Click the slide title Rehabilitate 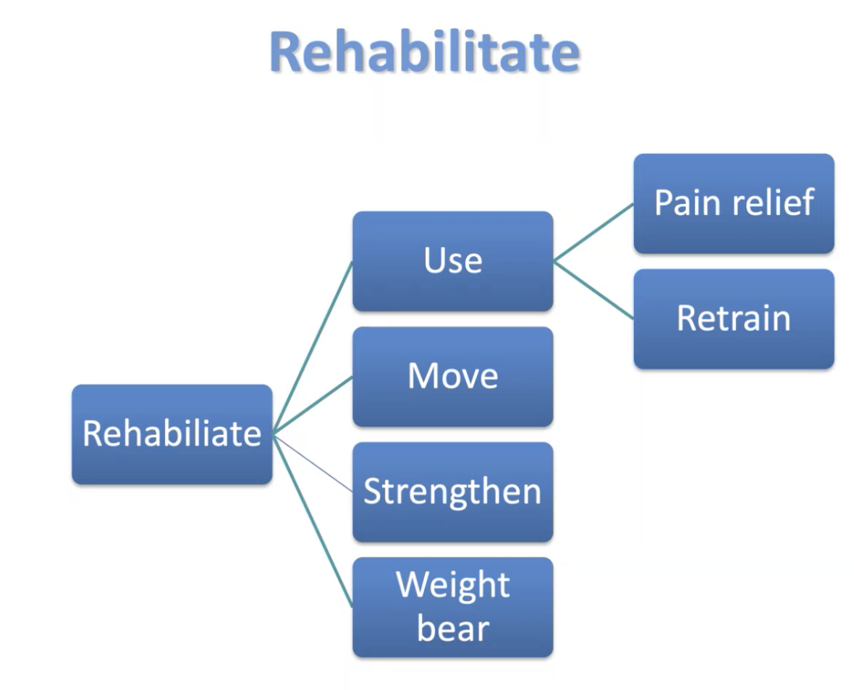pos(424,52)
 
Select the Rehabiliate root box pos(172,434)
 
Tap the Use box pos(452,261)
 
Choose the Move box pos(452,377)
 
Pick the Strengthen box pos(452,492)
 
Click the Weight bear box pos(452,607)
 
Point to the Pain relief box pos(733,203)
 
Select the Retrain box pos(733,319)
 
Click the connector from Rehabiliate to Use pos(313,348)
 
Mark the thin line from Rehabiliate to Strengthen pos(313,463)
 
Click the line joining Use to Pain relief pos(593,233)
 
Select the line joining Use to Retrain pos(593,290)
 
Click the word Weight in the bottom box pos(453,586)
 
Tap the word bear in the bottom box pos(453,628)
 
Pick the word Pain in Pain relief pos(688,203)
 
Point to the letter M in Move pos(423,377)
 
